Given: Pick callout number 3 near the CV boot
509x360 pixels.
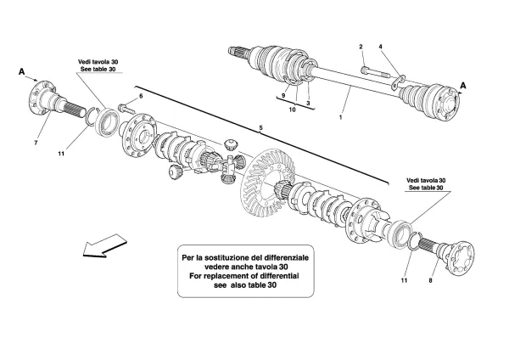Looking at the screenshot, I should (309, 102).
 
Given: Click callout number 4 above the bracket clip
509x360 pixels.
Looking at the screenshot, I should (381, 46).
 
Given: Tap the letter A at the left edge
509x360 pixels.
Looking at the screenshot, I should (21, 73).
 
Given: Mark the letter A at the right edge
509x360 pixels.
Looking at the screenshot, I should (463, 84).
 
